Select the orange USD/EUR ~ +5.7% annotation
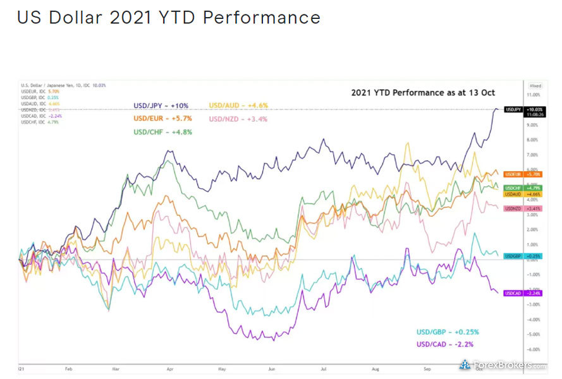(162, 119)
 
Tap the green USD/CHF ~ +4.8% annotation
(162, 132)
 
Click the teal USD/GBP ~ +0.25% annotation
(448, 332)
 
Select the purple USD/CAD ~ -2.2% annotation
(445, 344)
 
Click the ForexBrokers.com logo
(503, 365)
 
